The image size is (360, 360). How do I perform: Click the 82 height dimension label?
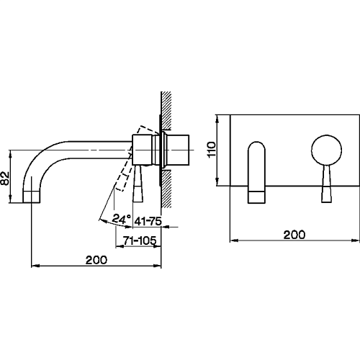coord(5,178)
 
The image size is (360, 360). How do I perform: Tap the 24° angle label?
coord(122,219)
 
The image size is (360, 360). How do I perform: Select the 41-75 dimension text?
coord(148,221)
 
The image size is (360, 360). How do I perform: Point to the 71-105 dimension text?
coord(140,240)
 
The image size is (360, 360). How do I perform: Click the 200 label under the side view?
coord(96,260)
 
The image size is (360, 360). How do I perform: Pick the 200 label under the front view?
coord(294,235)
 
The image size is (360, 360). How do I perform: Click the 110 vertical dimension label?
coord(212,150)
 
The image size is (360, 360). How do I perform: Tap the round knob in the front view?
coord(326,150)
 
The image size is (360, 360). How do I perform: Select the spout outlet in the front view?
coord(256,197)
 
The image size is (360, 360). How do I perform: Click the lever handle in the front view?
coord(326,184)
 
